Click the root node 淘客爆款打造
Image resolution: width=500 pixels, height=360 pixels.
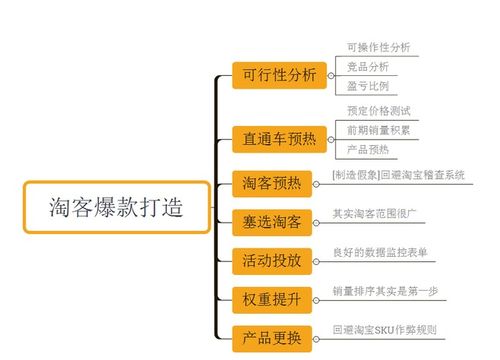coord(116,207)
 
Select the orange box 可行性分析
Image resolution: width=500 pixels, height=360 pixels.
coord(279,75)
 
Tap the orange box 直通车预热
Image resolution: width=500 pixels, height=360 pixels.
coord(279,138)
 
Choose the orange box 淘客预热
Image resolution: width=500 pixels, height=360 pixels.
coord(272,183)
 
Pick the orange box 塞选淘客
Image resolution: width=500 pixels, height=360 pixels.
coord(272,220)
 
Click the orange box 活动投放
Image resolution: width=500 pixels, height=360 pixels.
coord(272,259)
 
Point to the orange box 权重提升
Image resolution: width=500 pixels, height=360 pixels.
coord(272,297)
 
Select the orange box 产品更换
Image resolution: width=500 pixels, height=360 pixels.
coord(272,335)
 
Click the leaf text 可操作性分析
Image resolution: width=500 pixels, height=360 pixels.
coord(378,46)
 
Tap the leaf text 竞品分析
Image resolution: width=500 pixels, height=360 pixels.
coord(367,66)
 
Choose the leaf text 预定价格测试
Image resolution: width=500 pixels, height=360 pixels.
coord(378,110)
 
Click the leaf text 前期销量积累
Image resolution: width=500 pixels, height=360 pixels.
coord(378,130)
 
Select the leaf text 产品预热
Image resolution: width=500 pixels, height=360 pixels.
coord(367,149)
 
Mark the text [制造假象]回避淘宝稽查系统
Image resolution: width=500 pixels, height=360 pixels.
coord(398,176)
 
